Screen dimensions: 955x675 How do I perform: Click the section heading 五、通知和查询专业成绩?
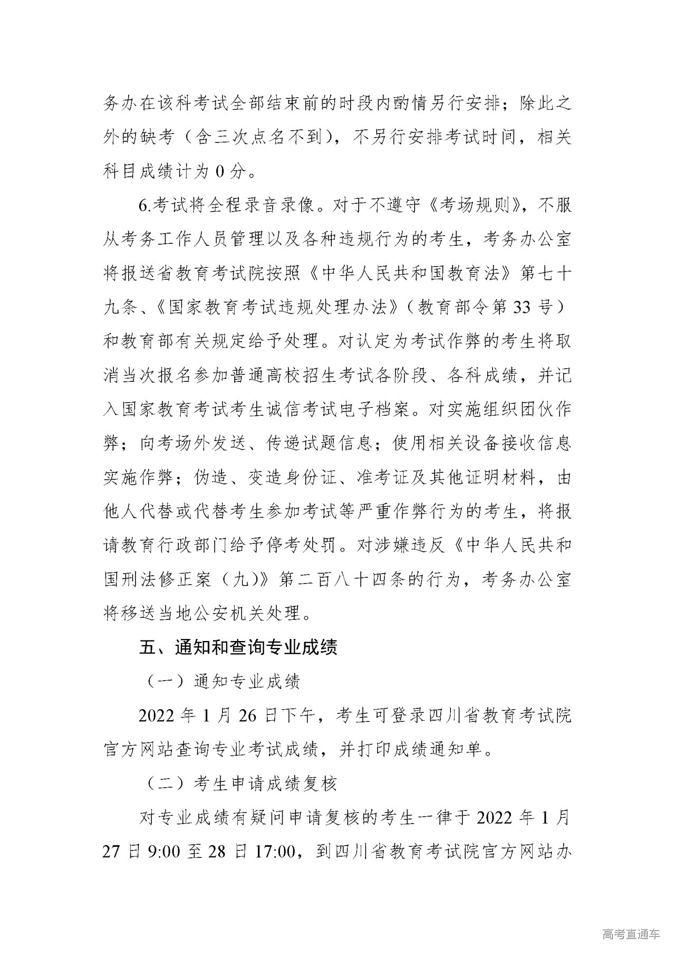[x=238, y=647]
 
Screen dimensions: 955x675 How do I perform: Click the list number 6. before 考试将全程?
[x=144, y=206]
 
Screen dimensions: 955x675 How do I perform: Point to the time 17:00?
[x=274, y=852]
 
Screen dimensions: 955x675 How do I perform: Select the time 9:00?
[x=163, y=852]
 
